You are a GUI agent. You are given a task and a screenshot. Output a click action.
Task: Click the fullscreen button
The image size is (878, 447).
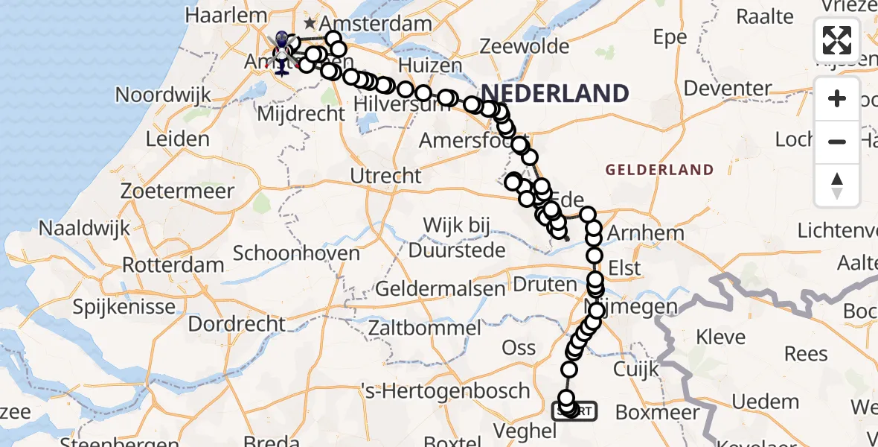[x=837, y=40]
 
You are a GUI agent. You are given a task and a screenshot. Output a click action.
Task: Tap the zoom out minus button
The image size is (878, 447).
[x=837, y=142]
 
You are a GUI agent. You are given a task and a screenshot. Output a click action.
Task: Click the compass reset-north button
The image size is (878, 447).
[x=837, y=185]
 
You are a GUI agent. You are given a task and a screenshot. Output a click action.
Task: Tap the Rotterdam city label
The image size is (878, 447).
[x=173, y=265]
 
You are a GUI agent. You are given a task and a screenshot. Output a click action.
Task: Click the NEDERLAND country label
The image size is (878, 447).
[x=555, y=93]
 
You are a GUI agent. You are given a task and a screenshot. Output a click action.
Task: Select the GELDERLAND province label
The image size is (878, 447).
[x=659, y=170]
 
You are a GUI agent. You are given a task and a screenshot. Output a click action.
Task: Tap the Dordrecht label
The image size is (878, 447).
[x=236, y=325]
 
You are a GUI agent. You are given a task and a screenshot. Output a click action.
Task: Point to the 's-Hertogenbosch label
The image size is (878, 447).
[x=444, y=390]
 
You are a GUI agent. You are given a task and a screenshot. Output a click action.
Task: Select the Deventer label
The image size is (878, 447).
[x=728, y=89]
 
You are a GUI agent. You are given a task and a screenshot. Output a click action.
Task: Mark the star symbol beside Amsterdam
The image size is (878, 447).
[x=310, y=24]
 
